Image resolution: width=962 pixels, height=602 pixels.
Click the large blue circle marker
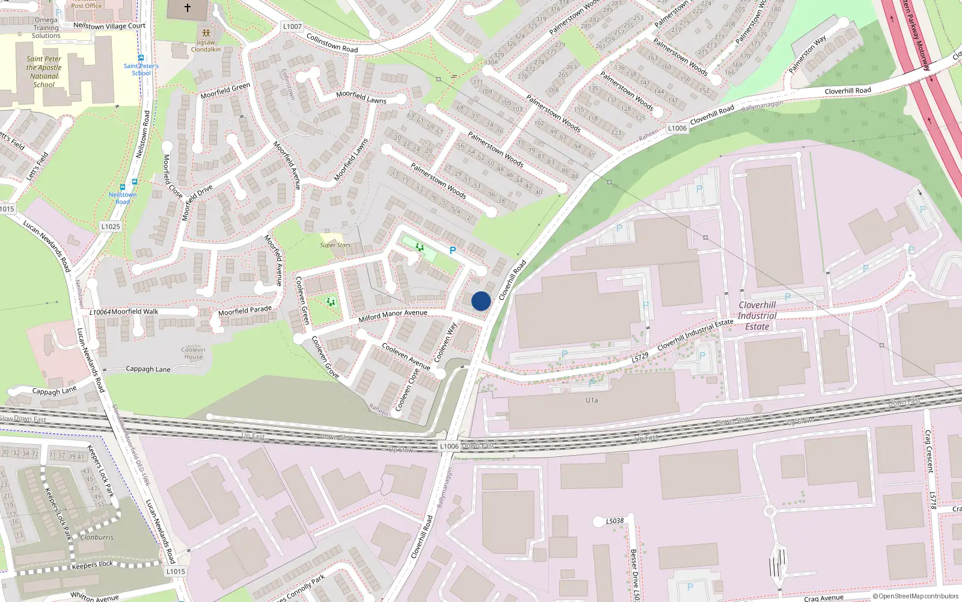(481, 301)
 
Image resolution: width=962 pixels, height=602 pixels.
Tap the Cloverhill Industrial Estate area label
(757, 315)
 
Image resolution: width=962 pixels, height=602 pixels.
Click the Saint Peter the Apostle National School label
(44, 72)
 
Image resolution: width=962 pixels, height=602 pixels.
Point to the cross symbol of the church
(188, 8)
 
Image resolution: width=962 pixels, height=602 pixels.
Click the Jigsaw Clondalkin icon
(206, 33)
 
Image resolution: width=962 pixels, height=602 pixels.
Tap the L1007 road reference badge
(292, 26)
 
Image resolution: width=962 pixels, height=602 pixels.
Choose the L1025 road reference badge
(111, 226)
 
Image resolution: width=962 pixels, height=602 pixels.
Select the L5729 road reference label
(640, 358)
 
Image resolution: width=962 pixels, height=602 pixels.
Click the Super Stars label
(335, 245)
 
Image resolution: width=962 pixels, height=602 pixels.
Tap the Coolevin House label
(193, 353)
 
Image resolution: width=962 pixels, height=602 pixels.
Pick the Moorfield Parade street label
(245, 311)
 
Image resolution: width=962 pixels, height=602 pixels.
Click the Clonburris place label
(97, 537)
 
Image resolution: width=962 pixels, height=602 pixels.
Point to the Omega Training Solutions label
(46, 28)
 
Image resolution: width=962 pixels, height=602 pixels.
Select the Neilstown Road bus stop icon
(123, 187)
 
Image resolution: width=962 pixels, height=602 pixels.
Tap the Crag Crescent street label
(929, 451)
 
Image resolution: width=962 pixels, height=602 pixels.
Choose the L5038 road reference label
(614, 521)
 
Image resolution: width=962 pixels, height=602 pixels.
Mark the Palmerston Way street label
(807, 54)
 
